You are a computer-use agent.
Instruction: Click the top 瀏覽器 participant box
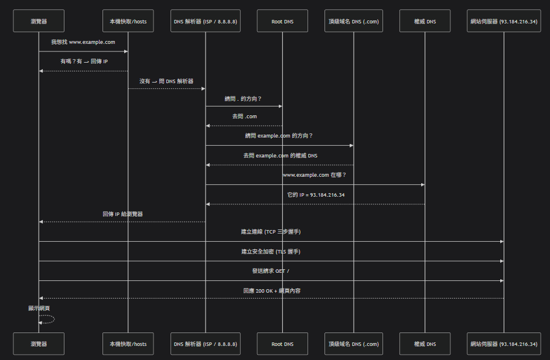(x=39, y=22)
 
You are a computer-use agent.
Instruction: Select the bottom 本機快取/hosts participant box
(x=128, y=344)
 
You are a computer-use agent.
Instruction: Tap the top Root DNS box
(x=282, y=22)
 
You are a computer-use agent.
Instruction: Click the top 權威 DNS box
(x=425, y=22)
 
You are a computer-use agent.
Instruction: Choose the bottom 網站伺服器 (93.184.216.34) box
(x=504, y=344)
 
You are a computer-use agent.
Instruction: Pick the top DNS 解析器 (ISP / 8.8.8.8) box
(x=205, y=22)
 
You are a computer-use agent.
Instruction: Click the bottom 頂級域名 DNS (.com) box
(x=354, y=344)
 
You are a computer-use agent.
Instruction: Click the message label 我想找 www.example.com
(x=83, y=42)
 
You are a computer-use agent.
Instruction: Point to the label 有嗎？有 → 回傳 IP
(x=83, y=61)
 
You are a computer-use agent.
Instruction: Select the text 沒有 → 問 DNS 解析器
(x=166, y=81)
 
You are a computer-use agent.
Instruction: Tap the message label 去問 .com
(x=244, y=116)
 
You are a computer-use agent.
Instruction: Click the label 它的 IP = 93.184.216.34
(x=315, y=194)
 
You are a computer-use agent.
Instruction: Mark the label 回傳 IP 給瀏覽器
(x=122, y=214)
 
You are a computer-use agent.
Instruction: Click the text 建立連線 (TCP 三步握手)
(x=271, y=232)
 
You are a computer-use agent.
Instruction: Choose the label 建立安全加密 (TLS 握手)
(x=271, y=251)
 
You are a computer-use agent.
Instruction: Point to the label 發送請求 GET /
(x=271, y=271)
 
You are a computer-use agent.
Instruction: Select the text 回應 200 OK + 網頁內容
(x=271, y=290)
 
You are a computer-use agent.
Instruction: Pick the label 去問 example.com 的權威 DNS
(x=280, y=156)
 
